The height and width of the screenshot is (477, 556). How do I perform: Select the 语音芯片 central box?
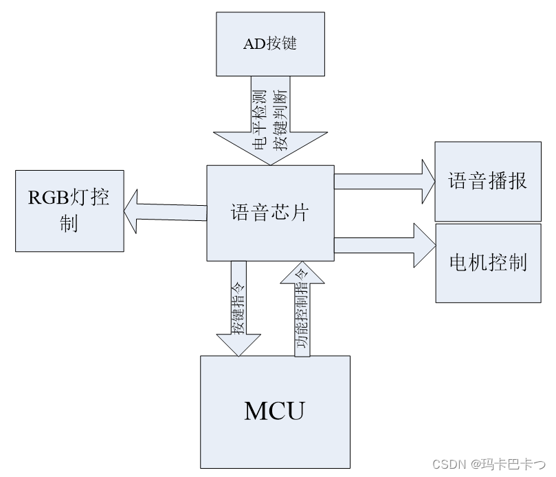270,213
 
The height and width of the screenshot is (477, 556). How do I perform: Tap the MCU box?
274,411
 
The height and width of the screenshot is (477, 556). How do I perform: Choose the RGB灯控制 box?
70,210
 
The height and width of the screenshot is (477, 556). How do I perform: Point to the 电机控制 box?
487,262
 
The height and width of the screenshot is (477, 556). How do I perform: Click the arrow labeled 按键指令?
238,303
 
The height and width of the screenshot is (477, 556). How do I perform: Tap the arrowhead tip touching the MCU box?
238,354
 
